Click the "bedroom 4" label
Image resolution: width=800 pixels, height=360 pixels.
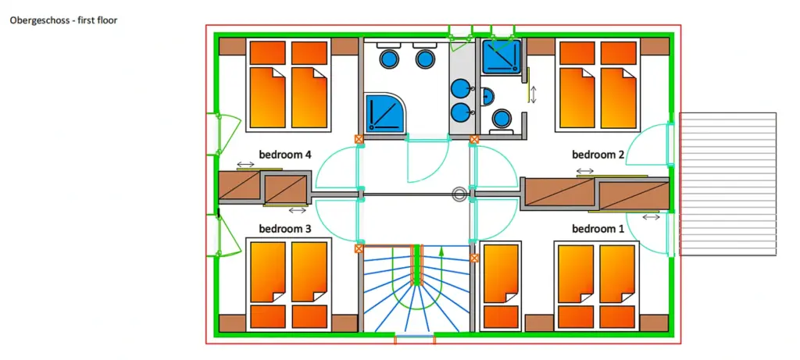(x=285, y=155)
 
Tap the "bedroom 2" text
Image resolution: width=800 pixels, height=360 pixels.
(x=598, y=155)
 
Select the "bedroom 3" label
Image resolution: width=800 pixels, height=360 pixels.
(x=285, y=229)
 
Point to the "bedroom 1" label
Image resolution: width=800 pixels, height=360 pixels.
(x=598, y=229)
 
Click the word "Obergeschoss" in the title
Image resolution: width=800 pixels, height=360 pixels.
(x=36, y=20)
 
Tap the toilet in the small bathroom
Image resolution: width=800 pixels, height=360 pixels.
(x=501, y=119)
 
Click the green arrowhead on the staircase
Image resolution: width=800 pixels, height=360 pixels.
(x=441, y=251)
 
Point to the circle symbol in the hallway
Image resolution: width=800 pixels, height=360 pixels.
(x=459, y=194)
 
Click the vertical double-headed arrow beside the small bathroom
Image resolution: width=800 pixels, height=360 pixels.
(x=534, y=94)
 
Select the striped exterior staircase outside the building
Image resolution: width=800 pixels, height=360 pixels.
(x=727, y=184)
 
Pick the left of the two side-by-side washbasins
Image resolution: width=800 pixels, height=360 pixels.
(x=388, y=58)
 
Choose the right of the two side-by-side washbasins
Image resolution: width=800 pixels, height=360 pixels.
(x=424, y=58)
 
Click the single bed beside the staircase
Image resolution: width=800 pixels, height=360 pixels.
(x=501, y=285)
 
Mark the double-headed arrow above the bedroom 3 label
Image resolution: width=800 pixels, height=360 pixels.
(x=297, y=210)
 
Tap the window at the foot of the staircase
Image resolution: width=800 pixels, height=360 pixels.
(x=415, y=338)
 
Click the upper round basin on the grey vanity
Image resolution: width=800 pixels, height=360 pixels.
(x=462, y=89)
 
